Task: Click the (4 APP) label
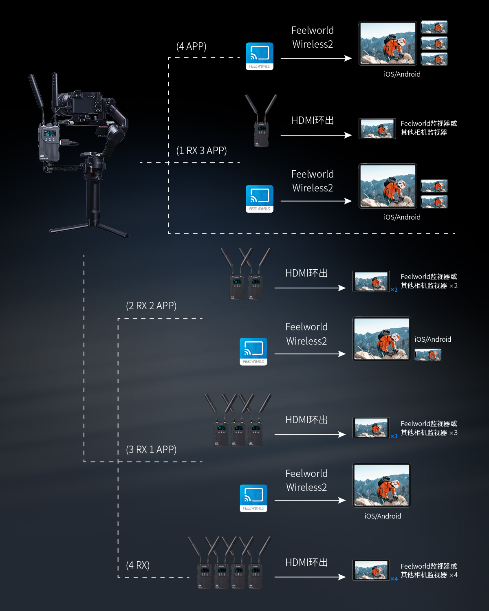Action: pyautogui.click(x=191, y=46)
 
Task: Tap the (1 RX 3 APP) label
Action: pyautogui.click(x=201, y=151)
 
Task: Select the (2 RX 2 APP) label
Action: pyautogui.click(x=151, y=306)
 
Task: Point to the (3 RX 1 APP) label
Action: pyautogui.click(x=151, y=450)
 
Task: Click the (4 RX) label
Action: pyautogui.click(x=138, y=565)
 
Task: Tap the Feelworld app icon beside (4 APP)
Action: pyautogui.click(x=260, y=56)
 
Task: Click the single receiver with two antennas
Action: pyautogui.click(x=261, y=122)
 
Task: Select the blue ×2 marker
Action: pyautogui.click(x=394, y=290)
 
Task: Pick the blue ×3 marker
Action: pyautogui.click(x=394, y=436)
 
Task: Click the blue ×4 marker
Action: pyautogui.click(x=394, y=579)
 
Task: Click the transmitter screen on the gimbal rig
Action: pyautogui.click(x=49, y=134)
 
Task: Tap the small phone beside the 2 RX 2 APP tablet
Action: pyautogui.click(x=428, y=355)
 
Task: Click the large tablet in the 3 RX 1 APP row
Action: pyautogui.click(x=382, y=485)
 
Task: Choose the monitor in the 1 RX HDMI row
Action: pyautogui.click(x=377, y=129)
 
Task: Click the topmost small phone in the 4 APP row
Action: pyautogui.click(x=434, y=27)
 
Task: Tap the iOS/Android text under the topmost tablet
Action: pyautogui.click(x=402, y=74)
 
